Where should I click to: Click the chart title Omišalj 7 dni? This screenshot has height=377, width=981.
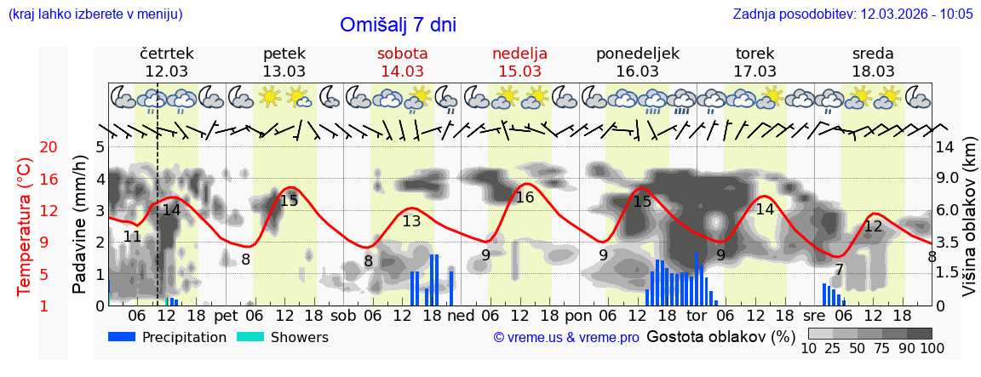pyautogui.click(x=398, y=25)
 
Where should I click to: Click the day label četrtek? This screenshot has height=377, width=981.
pyautogui.click(x=167, y=54)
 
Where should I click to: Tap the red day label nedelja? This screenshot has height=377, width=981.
pyautogui.click(x=519, y=54)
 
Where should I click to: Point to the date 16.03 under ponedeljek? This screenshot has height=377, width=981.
pyautogui.click(x=637, y=71)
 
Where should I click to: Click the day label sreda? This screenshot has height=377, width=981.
pyautogui.click(x=873, y=54)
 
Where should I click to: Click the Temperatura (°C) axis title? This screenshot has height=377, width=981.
pyautogui.click(x=25, y=227)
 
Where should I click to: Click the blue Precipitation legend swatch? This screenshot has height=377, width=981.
pyautogui.click(x=122, y=337)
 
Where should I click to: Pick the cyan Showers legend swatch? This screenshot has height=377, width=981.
pyautogui.click(x=250, y=337)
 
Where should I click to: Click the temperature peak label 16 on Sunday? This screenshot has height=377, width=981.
pyautogui.click(x=525, y=197)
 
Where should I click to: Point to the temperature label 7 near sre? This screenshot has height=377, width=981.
pyautogui.click(x=839, y=271)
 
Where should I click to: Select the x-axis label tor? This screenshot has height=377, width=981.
pyautogui.click(x=697, y=316)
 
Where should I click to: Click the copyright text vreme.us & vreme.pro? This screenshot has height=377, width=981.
pyautogui.click(x=566, y=338)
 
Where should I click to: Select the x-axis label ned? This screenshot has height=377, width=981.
pyautogui.click(x=462, y=316)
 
